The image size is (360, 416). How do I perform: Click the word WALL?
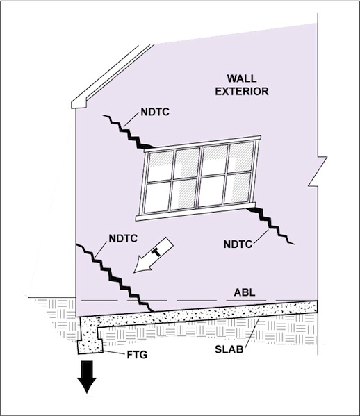coord(242,78)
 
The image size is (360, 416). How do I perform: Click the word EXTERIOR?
coord(242,91)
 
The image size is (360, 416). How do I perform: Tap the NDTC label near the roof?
coord(155,112)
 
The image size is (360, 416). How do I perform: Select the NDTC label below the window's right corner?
coord(238,244)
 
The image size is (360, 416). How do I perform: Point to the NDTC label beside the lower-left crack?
coord(123,238)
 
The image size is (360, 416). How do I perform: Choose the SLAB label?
coord(229,349)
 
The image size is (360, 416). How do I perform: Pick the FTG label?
coord(137,355)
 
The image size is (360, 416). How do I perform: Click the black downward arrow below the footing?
coord(87,376)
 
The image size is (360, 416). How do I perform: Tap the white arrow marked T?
coord(154,255)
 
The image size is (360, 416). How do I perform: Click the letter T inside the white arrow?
coord(156,252)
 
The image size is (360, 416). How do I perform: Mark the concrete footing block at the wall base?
coord(90,347)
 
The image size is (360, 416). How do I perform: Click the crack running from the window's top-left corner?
coord(129,131)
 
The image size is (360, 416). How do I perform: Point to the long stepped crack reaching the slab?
coord(115,278)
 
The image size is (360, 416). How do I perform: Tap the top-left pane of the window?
coord(161,167)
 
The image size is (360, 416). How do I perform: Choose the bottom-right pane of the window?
coord(238,188)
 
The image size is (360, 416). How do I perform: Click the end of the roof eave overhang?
coord(79,104)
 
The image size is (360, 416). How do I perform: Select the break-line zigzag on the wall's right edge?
coord(318,172)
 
